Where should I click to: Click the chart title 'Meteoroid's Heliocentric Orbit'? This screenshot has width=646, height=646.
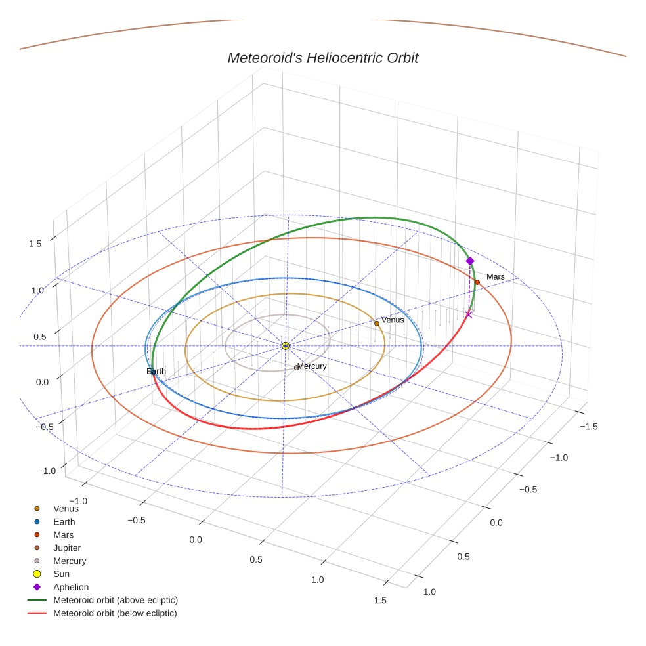[x=322, y=58]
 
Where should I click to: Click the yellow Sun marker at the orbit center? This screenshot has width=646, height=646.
[x=286, y=345]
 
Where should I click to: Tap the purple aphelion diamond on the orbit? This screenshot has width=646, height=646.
[x=470, y=261]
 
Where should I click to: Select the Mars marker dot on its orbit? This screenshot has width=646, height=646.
[x=477, y=282]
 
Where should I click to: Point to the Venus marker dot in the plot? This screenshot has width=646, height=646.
[x=377, y=323]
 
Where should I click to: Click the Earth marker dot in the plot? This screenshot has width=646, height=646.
[x=154, y=372]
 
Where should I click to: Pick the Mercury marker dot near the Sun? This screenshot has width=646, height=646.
[x=296, y=368]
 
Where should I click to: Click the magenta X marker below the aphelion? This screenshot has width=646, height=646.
[x=469, y=315]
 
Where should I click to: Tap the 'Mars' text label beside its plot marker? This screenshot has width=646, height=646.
[x=496, y=277]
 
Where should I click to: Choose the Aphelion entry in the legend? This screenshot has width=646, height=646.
[x=71, y=587]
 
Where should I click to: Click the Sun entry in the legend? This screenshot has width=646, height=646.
[x=61, y=574]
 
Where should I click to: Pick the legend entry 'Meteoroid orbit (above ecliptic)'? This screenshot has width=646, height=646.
[x=116, y=600]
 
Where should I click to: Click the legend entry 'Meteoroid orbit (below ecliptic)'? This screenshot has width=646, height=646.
[x=115, y=613]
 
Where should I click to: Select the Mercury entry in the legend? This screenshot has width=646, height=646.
[x=70, y=561]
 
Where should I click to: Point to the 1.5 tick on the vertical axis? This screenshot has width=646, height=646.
[x=35, y=244]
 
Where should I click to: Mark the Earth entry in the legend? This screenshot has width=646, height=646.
[x=64, y=521]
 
